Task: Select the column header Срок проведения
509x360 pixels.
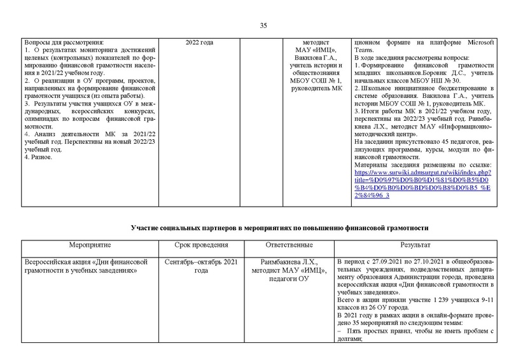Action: (201, 245)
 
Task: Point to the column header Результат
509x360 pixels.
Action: (415, 245)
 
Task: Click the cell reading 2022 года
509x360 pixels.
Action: (199, 42)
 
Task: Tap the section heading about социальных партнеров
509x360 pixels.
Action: (279, 227)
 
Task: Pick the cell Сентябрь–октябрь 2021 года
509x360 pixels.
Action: (201, 266)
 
